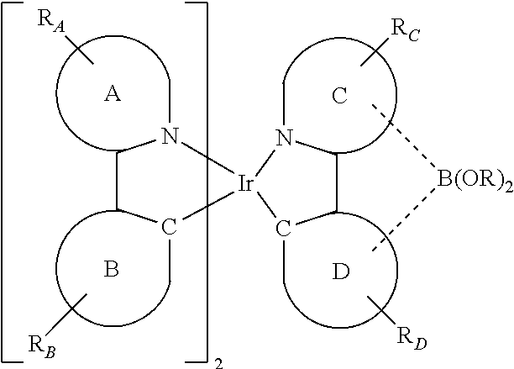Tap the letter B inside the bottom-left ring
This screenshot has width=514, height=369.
(111, 270)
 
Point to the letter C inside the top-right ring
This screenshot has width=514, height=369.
(338, 96)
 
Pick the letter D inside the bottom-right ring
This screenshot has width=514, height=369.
(339, 270)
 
